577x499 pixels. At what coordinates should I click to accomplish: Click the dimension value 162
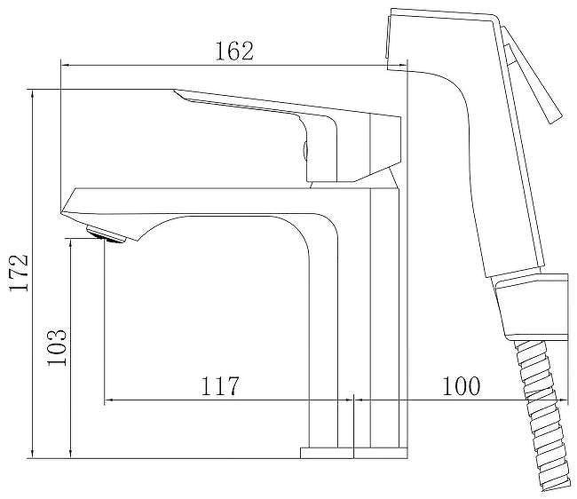click(234, 51)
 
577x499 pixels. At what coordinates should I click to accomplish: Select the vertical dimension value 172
click(19, 273)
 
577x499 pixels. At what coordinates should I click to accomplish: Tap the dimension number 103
click(57, 346)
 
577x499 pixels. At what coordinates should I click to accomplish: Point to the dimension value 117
click(219, 385)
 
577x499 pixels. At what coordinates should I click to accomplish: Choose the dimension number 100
click(461, 385)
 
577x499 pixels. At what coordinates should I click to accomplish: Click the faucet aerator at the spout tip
click(106, 234)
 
